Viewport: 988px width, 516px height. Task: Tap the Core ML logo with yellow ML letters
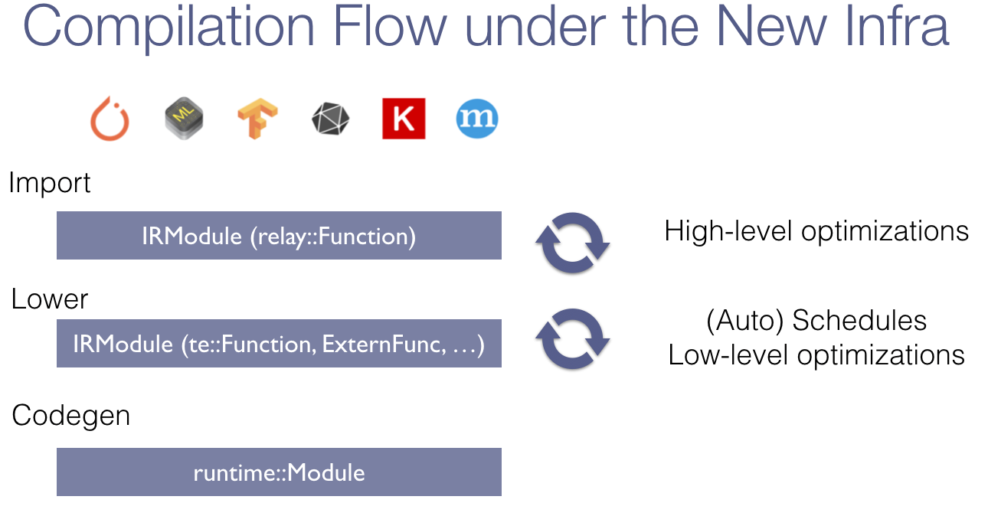[184, 118]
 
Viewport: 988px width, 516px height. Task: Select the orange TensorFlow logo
[257, 118]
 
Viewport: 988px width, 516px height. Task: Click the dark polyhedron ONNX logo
[330, 119]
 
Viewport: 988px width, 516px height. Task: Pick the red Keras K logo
[404, 119]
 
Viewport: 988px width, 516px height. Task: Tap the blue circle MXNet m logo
[477, 119]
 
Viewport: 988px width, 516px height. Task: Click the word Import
[49, 183]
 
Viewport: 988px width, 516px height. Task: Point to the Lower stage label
[49, 299]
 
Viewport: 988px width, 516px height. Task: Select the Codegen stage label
[70, 416]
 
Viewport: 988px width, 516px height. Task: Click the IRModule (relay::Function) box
[279, 236]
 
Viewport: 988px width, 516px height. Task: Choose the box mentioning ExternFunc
[279, 343]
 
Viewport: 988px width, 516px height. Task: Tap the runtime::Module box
[279, 472]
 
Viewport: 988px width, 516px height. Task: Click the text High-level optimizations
[816, 231]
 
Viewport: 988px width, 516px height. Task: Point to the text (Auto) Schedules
[816, 321]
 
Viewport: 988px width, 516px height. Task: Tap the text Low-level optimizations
[816, 355]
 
